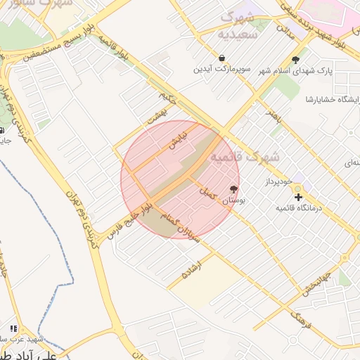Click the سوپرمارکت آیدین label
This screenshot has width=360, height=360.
(223, 70)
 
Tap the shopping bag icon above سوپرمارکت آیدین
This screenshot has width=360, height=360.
(222, 59)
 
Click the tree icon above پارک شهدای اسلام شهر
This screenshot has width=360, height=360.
(295, 60)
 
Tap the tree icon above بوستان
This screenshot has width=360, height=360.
(233, 189)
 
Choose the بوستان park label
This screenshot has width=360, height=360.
(233, 201)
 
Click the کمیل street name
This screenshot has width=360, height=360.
(207, 191)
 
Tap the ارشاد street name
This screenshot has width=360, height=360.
(191, 270)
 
